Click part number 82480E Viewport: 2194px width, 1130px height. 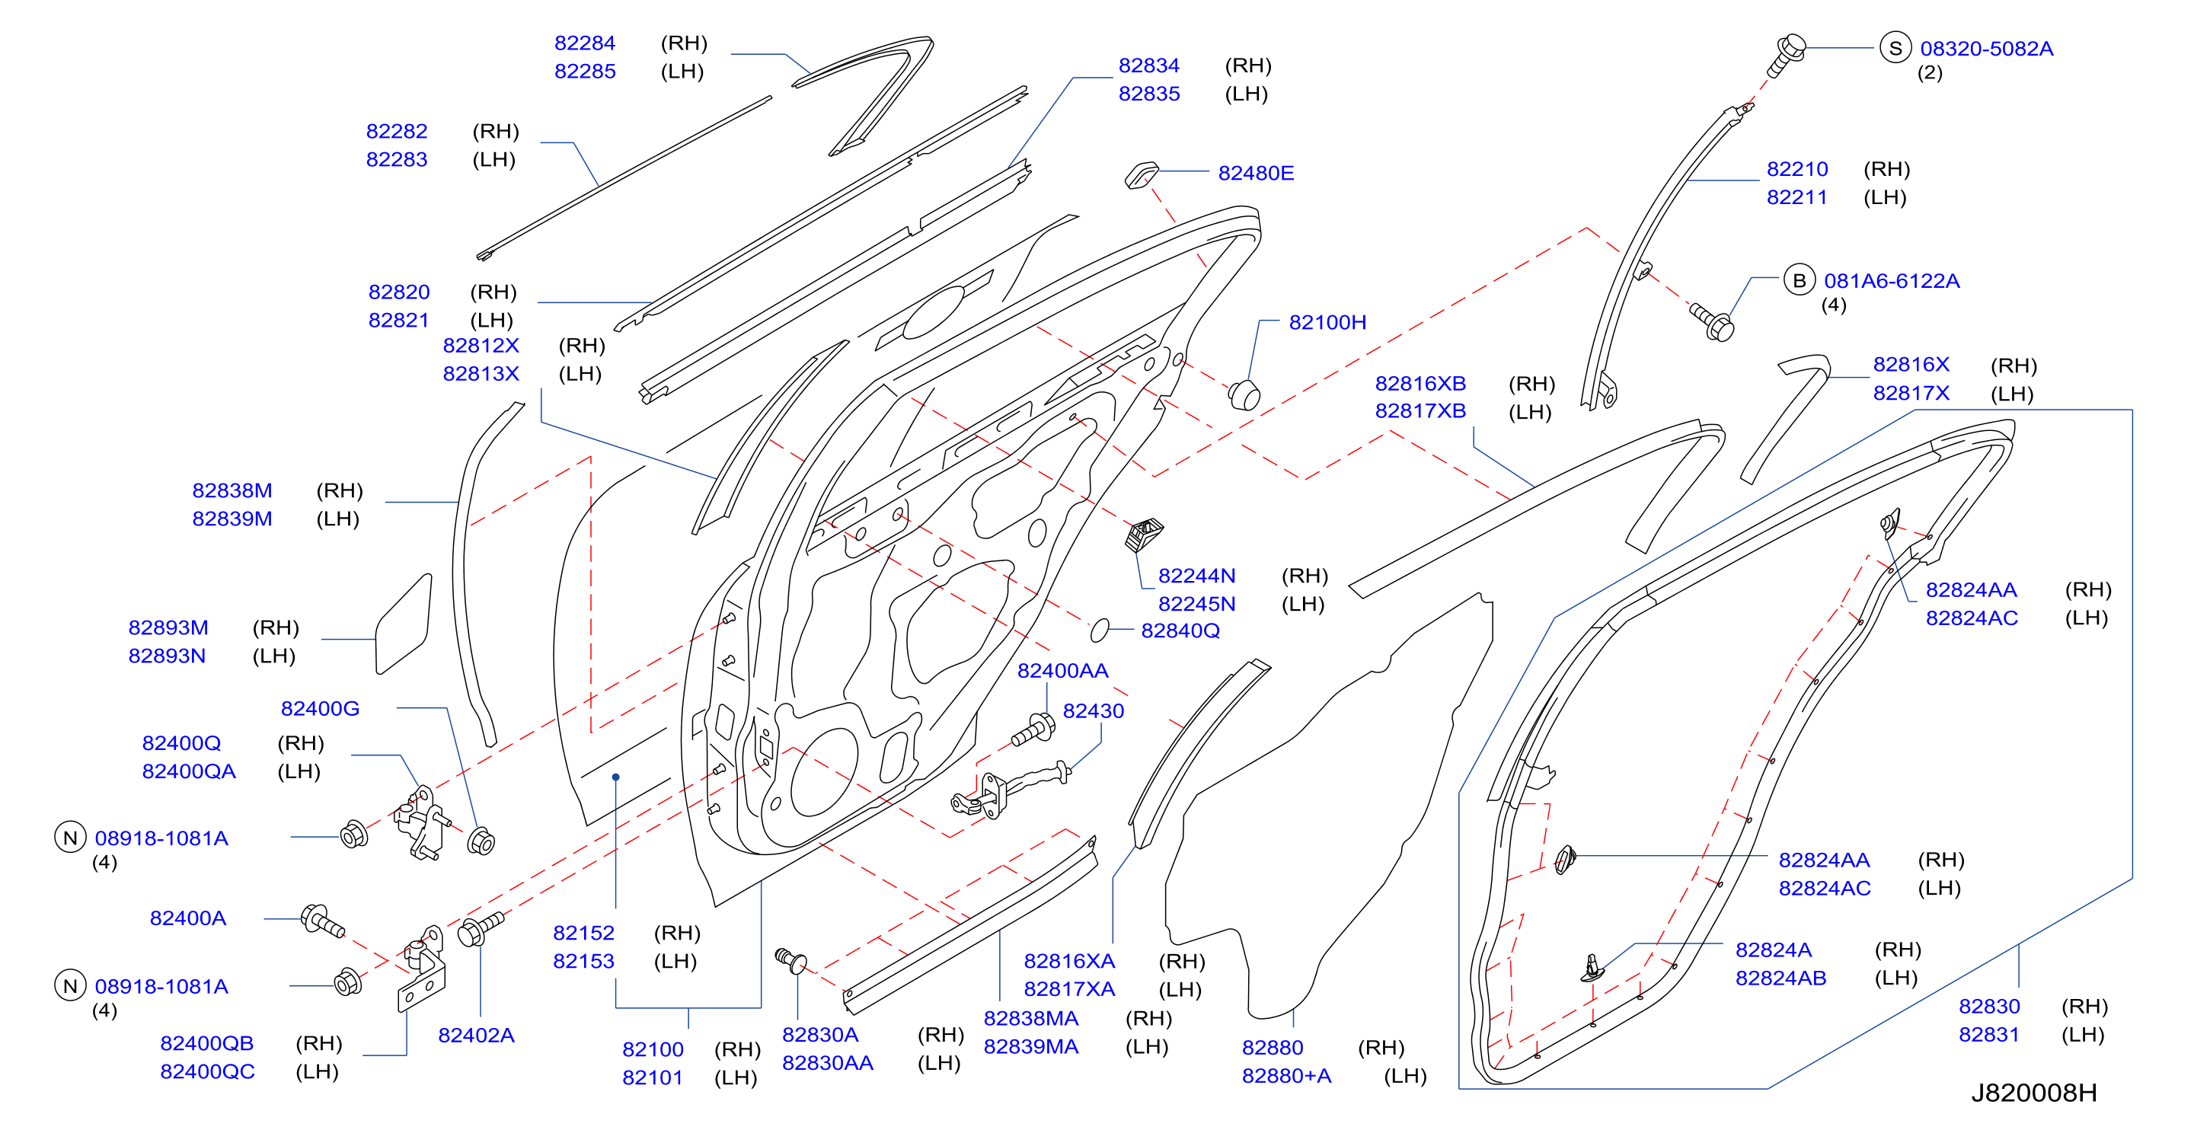1256,173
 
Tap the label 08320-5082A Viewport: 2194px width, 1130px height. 1986,49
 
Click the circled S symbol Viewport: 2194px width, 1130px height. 1895,48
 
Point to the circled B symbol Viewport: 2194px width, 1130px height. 1799,280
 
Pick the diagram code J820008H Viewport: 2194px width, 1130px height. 2034,1093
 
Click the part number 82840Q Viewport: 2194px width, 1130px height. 1180,631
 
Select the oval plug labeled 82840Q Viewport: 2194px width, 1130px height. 1100,630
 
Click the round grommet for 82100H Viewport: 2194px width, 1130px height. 1244,395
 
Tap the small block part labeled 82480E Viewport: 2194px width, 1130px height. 1141,175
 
